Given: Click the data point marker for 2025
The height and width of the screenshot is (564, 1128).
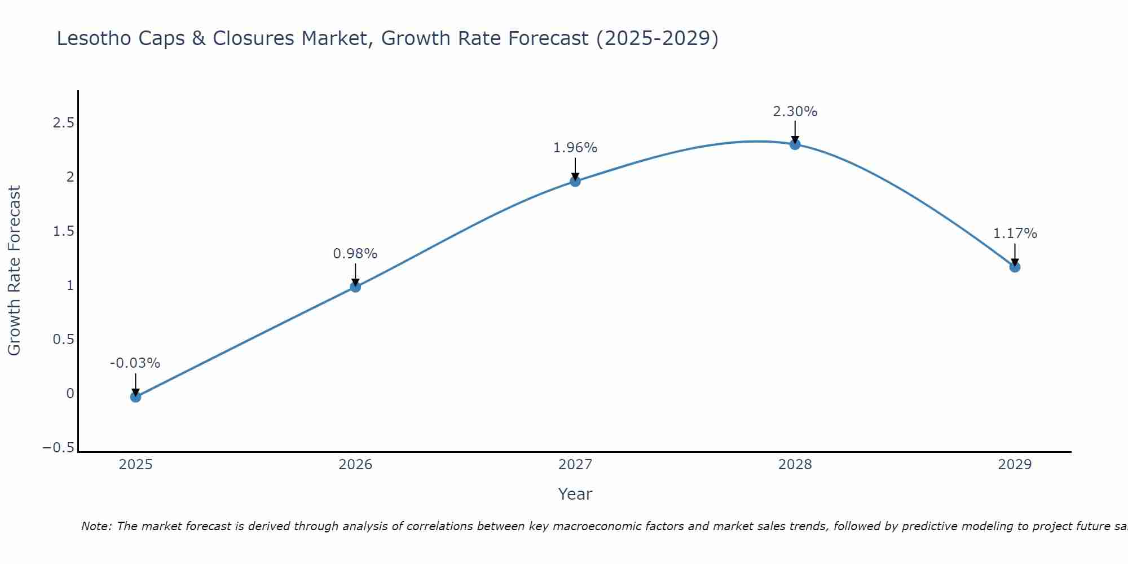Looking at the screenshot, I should pos(135,397).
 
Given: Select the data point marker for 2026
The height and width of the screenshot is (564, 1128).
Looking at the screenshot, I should pos(355,287).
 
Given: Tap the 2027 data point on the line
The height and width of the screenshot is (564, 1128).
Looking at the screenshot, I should pos(575,181).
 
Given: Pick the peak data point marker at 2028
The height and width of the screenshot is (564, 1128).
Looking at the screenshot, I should pos(795,144).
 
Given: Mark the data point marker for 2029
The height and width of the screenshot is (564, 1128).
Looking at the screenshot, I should pos(1015,267).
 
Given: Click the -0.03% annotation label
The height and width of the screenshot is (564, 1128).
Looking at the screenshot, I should pos(135,363).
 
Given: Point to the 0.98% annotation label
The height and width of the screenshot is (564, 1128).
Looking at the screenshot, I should pos(355,254).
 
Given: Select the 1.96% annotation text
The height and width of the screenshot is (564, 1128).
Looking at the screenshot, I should pos(575,148).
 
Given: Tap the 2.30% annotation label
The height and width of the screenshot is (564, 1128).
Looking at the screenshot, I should pos(795,112).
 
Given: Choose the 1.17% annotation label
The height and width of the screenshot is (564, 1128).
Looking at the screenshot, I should pos(1015,233).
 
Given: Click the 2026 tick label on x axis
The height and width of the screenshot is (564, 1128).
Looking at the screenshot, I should pos(355,465).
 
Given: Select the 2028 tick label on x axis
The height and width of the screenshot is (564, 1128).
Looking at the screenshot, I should pos(795,465).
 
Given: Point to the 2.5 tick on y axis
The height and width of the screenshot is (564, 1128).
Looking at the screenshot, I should pos(63,123).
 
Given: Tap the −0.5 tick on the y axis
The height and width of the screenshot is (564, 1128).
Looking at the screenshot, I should pos(59,448).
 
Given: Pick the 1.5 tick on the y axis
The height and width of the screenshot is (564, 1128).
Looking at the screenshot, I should pos(63,231).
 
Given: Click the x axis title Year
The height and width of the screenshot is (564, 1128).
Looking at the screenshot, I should pos(575,495).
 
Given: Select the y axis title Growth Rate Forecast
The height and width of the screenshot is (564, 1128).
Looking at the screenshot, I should pos(15,270).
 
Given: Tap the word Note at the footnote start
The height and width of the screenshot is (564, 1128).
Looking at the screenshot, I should pos(96,526).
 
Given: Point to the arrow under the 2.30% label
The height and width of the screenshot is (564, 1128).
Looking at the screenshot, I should pos(795,132).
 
